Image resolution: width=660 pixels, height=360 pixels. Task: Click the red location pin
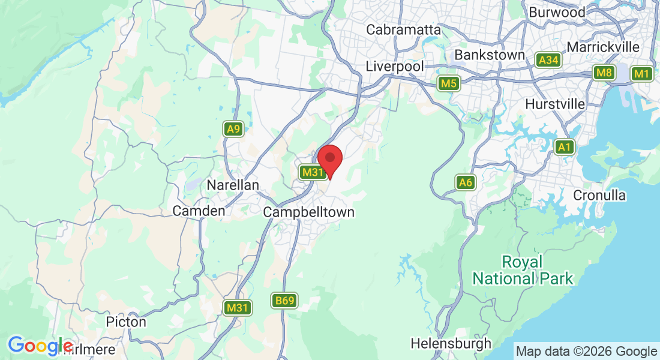[x=329, y=159]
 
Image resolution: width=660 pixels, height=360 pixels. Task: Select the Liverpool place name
[x=395, y=66]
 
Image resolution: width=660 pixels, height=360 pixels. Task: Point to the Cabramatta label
[x=403, y=29]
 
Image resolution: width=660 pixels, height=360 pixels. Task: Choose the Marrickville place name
[x=602, y=47]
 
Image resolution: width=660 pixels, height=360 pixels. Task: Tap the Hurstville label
[x=555, y=104]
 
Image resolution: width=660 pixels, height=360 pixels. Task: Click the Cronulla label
[x=599, y=196]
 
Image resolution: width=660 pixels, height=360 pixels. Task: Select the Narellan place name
[x=233, y=185]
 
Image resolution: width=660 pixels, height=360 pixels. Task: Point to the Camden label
[x=199, y=211]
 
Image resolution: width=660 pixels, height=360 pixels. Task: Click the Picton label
[x=126, y=322]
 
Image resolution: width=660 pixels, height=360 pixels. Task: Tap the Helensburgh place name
[x=451, y=344]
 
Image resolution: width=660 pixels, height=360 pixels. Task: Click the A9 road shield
[x=233, y=129]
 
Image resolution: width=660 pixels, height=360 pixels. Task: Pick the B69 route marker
[x=283, y=301]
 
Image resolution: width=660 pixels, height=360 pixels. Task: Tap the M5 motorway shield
[x=448, y=83]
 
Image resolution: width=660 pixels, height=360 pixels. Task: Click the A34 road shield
[x=548, y=60]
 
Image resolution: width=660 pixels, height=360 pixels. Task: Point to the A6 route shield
[x=466, y=182]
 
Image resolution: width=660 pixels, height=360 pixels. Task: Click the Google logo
[x=40, y=346]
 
